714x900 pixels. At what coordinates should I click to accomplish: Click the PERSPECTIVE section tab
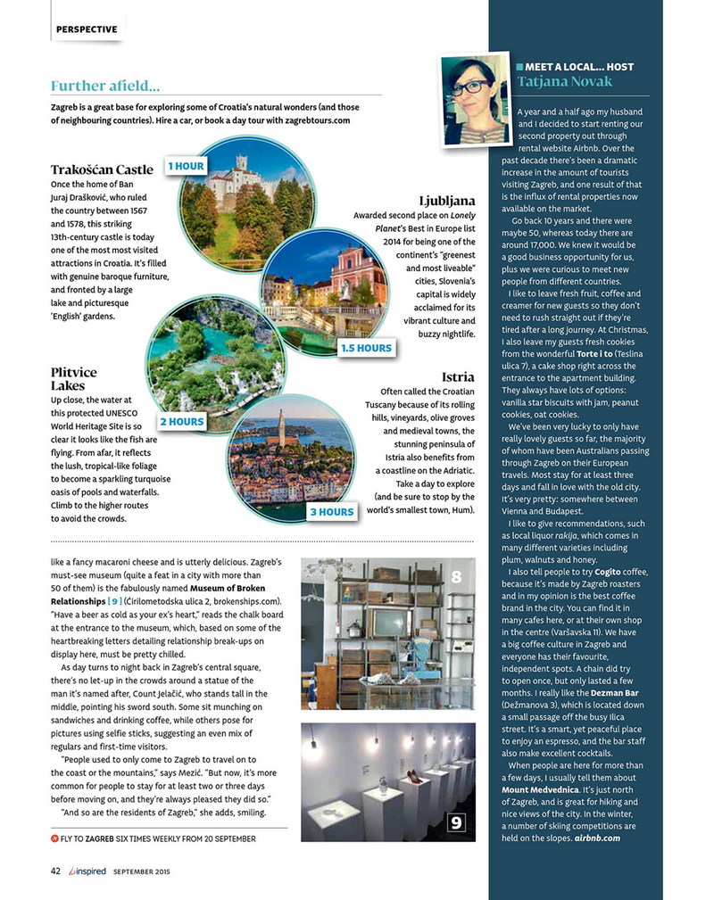(x=86, y=29)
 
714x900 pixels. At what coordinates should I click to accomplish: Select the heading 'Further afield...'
(x=105, y=87)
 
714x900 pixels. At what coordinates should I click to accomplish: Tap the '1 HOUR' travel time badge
(x=187, y=166)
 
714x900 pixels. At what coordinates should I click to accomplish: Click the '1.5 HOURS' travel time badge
(x=366, y=348)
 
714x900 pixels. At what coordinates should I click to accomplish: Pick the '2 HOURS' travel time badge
(x=182, y=421)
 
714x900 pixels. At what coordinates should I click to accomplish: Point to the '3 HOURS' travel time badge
(x=331, y=512)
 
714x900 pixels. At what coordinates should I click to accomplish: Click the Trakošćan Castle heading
(x=102, y=169)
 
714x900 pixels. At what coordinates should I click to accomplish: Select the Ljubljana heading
(x=446, y=201)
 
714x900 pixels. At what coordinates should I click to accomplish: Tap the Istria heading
(x=457, y=377)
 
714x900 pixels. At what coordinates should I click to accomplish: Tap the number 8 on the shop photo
(x=456, y=578)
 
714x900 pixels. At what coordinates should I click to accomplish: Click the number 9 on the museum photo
(x=455, y=822)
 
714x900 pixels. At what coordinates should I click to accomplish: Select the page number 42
(x=55, y=871)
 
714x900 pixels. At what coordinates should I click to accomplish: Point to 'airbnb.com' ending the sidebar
(x=597, y=838)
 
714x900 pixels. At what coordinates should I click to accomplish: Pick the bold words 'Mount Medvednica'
(x=542, y=790)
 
